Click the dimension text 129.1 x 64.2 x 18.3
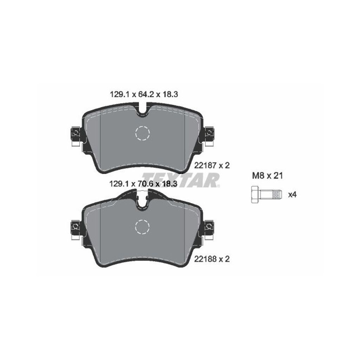144,95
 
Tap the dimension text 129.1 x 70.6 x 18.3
143,184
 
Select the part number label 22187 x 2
212,165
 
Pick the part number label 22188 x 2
212,259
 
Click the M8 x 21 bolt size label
268,176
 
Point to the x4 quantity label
292,195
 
